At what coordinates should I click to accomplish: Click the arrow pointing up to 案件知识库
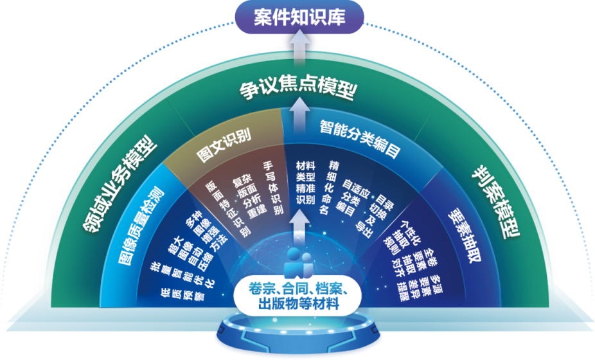tap(298, 48)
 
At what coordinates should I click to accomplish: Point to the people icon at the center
tap(298, 260)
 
